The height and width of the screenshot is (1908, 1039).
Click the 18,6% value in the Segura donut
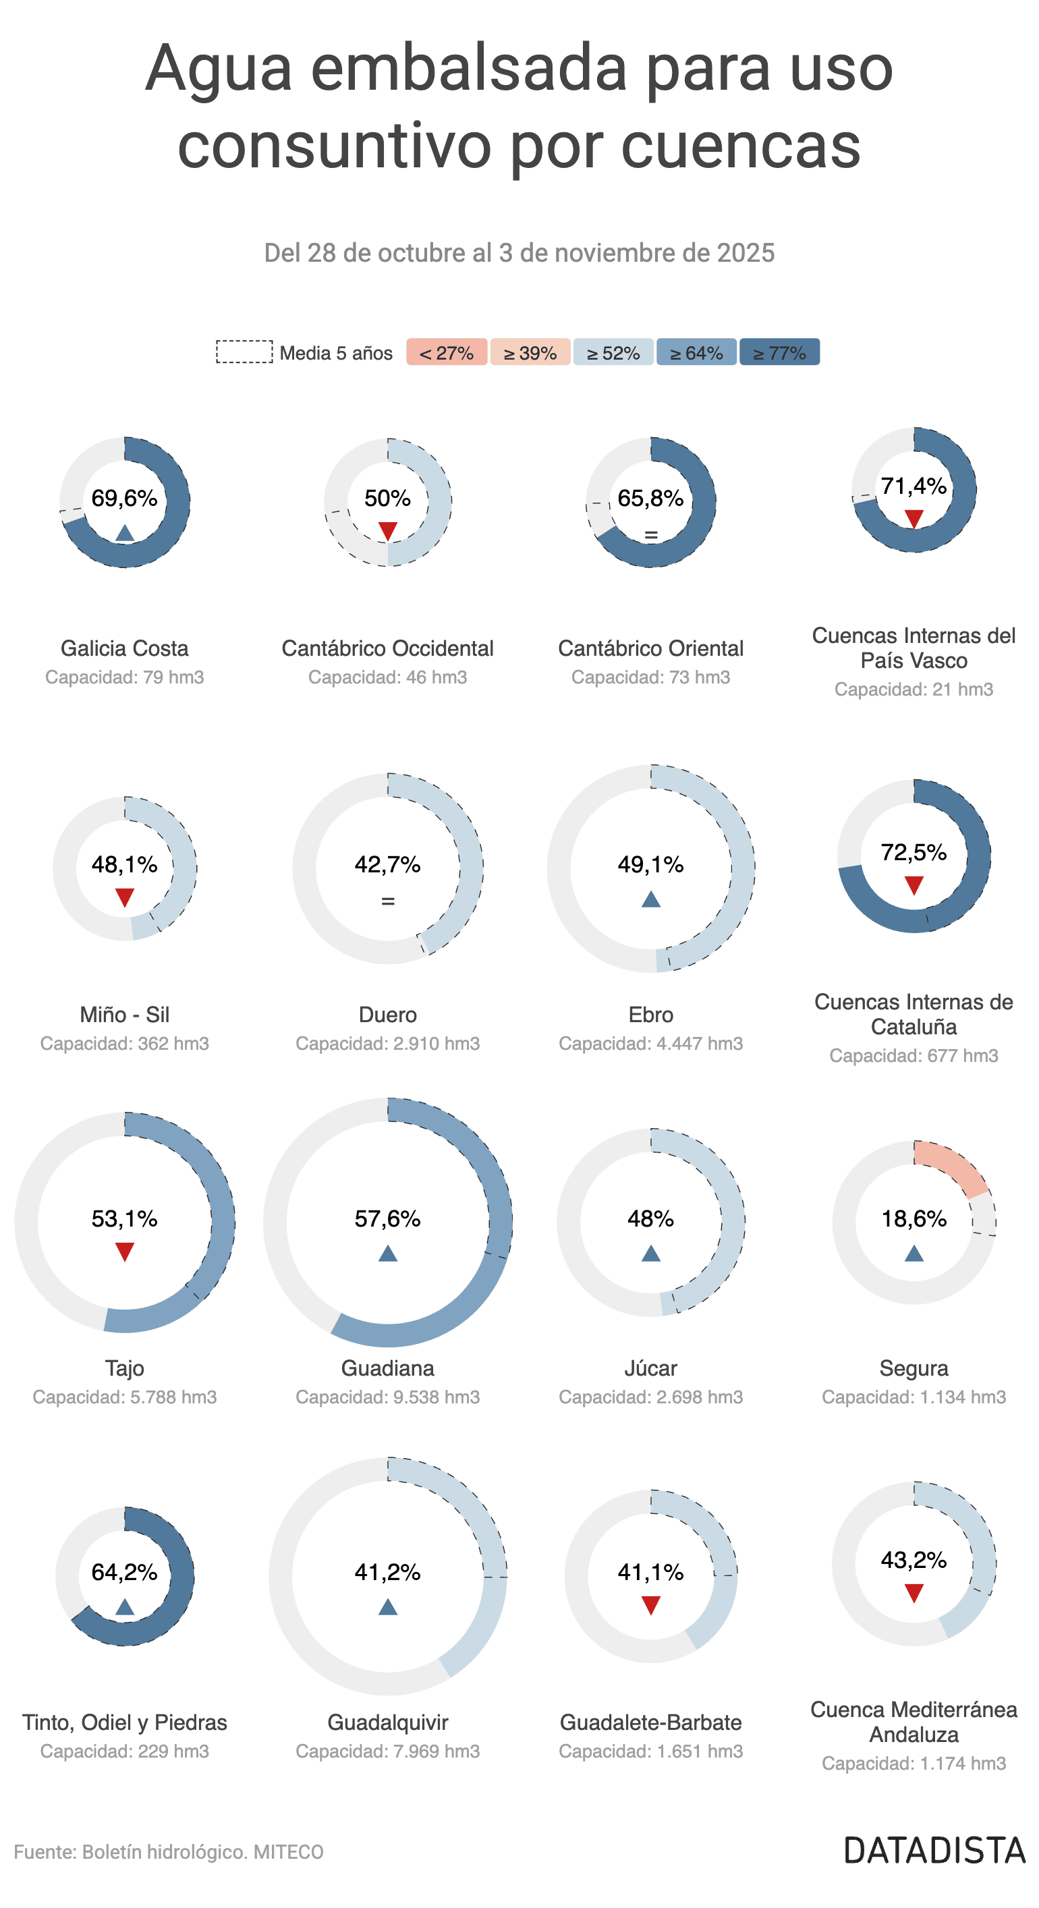[x=913, y=1218]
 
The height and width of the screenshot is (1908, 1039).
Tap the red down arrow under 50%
[x=387, y=530]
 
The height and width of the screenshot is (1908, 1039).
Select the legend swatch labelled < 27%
[x=446, y=353]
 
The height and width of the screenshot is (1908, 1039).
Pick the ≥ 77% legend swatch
[x=779, y=353]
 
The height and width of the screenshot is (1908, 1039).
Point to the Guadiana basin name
[x=387, y=1368]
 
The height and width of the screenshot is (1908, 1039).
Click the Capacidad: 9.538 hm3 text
[x=387, y=1397]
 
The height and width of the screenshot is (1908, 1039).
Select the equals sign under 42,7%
[x=387, y=901]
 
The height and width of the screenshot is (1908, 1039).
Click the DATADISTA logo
[x=934, y=1850]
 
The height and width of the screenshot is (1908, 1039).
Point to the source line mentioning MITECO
[x=169, y=1852]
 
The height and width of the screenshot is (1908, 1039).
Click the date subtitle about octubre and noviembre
[x=519, y=253]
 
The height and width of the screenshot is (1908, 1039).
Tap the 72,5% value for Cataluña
[x=913, y=853]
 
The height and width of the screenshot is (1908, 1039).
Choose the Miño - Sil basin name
[x=124, y=1015]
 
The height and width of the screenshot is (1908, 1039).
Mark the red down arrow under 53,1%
[x=124, y=1252]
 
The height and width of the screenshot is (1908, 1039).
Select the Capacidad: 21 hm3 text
[x=913, y=690]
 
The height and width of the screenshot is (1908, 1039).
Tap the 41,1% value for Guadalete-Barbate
[x=650, y=1573]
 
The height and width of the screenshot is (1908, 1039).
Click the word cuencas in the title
[x=741, y=146]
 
